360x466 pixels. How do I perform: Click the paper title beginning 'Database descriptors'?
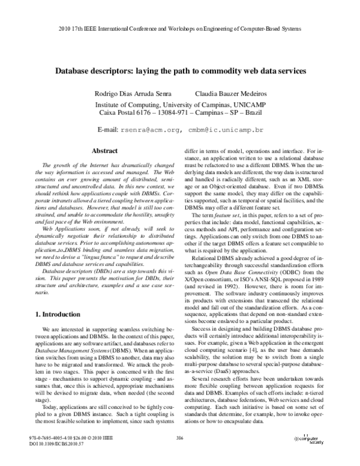[x=181, y=70]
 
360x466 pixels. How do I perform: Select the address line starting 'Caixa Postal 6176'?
[x=181, y=113]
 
